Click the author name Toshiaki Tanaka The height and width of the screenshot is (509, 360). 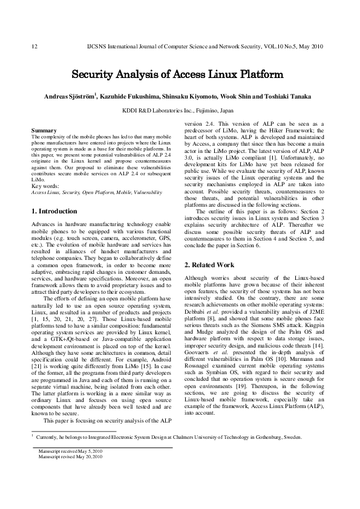[x=293, y=97]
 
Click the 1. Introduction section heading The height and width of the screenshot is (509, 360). [x=54, y=212]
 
